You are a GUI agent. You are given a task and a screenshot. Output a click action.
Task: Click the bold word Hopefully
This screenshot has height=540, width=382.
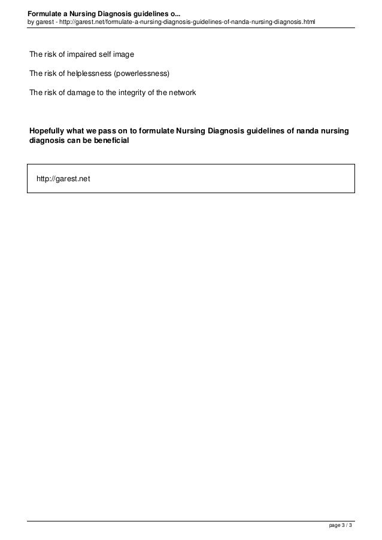click(49, 131)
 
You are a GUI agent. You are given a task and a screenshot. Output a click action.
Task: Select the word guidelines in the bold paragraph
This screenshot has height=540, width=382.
click(259, 131)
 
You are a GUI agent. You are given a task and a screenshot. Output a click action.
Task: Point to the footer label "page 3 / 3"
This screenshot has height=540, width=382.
click(341, 526)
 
